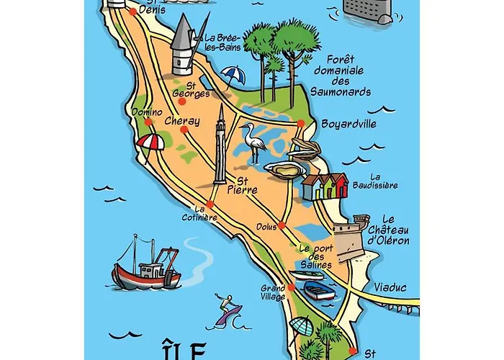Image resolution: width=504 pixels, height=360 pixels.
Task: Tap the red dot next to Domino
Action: (147, 122)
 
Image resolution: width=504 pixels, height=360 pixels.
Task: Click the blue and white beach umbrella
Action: (232, 75)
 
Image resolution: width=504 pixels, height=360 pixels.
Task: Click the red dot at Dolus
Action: (282, 226)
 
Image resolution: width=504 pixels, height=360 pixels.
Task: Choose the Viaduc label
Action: (390, 287)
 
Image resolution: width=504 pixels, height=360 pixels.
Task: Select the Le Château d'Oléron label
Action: (387, 230)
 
